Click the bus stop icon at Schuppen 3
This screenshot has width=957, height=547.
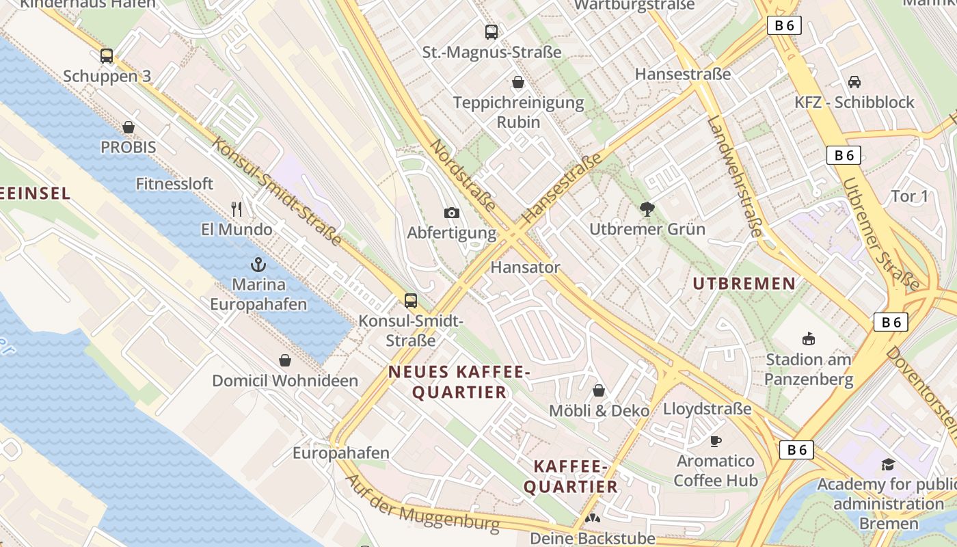point(107,56)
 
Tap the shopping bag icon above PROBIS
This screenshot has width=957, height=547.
point(129,127)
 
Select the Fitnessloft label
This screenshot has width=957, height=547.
point(174,184)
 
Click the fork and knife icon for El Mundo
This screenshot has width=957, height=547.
point(237,208)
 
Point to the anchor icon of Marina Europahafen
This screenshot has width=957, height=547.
point(258,264)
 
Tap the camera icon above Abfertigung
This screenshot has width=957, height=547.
point(451,213)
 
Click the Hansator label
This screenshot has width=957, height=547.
point(525,267)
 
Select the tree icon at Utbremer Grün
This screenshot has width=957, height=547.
point(647,209)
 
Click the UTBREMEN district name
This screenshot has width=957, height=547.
point(744,283)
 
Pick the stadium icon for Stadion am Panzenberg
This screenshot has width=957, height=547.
point(809,338)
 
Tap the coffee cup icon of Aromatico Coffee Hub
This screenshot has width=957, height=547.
point(716,440)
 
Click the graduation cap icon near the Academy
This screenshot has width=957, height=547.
point(888,464)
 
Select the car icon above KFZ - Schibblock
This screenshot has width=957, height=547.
point(854,82)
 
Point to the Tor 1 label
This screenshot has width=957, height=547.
point(910,197)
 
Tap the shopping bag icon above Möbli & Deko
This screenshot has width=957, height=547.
point(599,390)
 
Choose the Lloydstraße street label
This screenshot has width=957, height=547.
point(707,409)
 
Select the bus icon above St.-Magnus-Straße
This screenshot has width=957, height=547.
point(491,31)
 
